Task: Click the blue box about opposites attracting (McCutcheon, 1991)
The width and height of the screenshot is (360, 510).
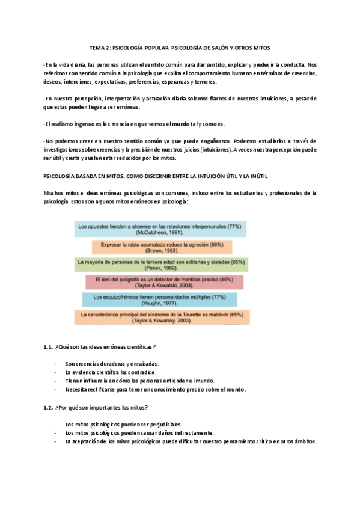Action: (x=159, y=229)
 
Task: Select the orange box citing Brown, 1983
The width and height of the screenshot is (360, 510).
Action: (x=162, y=247)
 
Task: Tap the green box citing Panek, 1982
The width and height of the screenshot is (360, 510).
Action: (x=162, y=265)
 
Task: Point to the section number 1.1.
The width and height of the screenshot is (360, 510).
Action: (x=49, y=347)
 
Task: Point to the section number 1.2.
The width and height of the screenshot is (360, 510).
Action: (x=49, y=407)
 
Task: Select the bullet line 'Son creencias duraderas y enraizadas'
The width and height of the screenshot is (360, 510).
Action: (x=112, y=364)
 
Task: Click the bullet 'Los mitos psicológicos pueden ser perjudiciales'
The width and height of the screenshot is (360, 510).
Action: (x=124, y=424)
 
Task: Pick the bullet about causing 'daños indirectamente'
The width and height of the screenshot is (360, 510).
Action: (x=139, y=432)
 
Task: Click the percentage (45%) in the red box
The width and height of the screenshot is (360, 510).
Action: (x=226, y=279)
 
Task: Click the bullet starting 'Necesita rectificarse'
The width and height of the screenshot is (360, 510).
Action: (x=156, y=389)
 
